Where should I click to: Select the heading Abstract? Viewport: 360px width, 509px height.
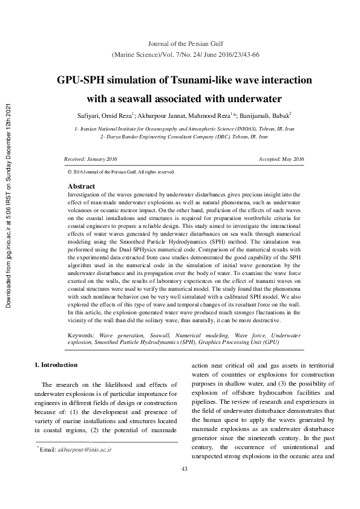pos(82,187)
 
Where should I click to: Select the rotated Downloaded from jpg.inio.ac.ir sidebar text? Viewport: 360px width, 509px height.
pos(8,206)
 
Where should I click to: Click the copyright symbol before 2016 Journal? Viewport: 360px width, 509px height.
pos(71,172)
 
